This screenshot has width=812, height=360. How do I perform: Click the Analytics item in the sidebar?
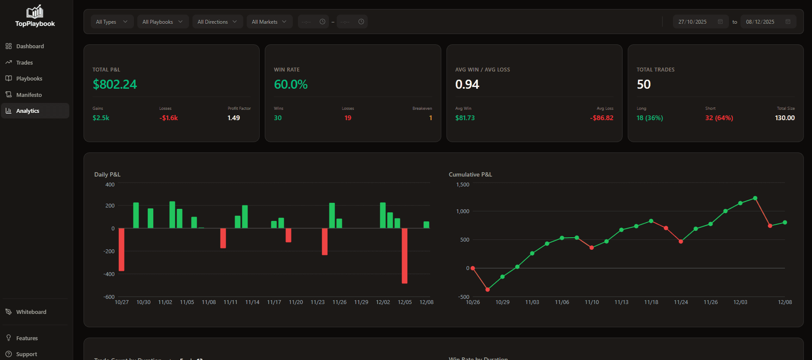pyautogui.click(x=28, y=111)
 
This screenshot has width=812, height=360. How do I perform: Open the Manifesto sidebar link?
pyautogui.click(x=29, y=95)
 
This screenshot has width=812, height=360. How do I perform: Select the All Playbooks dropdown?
pyautogui.click(x=163, y=22)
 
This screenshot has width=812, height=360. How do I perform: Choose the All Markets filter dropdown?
pyautogui.click(x=269, y=22)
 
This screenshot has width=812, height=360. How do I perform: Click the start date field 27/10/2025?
pyautogui.click(x=692, y=22)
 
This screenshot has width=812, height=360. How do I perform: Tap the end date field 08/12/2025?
pyautogui.click(x=760, y=22)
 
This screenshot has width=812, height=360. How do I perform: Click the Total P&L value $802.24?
pyautogui.click(x=115, y=84)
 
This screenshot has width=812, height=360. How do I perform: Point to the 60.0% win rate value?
pyautogui.click(x=291, y=84)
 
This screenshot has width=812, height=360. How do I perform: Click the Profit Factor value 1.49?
pyautogui.click(x=234, y=118)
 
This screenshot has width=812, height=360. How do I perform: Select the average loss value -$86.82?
pyautogui.click(x=601, y=118)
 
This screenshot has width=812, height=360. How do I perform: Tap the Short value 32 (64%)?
pyautogui.click(x=719, y=118)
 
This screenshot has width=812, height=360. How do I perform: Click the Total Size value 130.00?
pyautogui.click(x=784, y=118)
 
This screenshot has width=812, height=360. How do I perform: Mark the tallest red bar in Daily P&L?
pyautogui.click(x=404, y=255)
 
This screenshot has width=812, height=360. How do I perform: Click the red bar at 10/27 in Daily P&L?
pyautogui.click(x=121, y=249)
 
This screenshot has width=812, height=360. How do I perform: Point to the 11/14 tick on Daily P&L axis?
pyautogui.click(x=252, y=302)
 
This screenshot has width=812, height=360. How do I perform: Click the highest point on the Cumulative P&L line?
pyautogui.click(x=755, y=199)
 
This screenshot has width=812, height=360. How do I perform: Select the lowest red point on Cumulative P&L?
pyautogui.click(x=487, y=289)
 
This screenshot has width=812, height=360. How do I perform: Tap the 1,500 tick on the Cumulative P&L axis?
pyautogui.click(x=463, y=185)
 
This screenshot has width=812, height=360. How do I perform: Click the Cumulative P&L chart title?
pyautogui.click(x=470, y=174)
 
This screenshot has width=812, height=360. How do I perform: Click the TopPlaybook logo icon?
pyautogui.click(x=35, y=12)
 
